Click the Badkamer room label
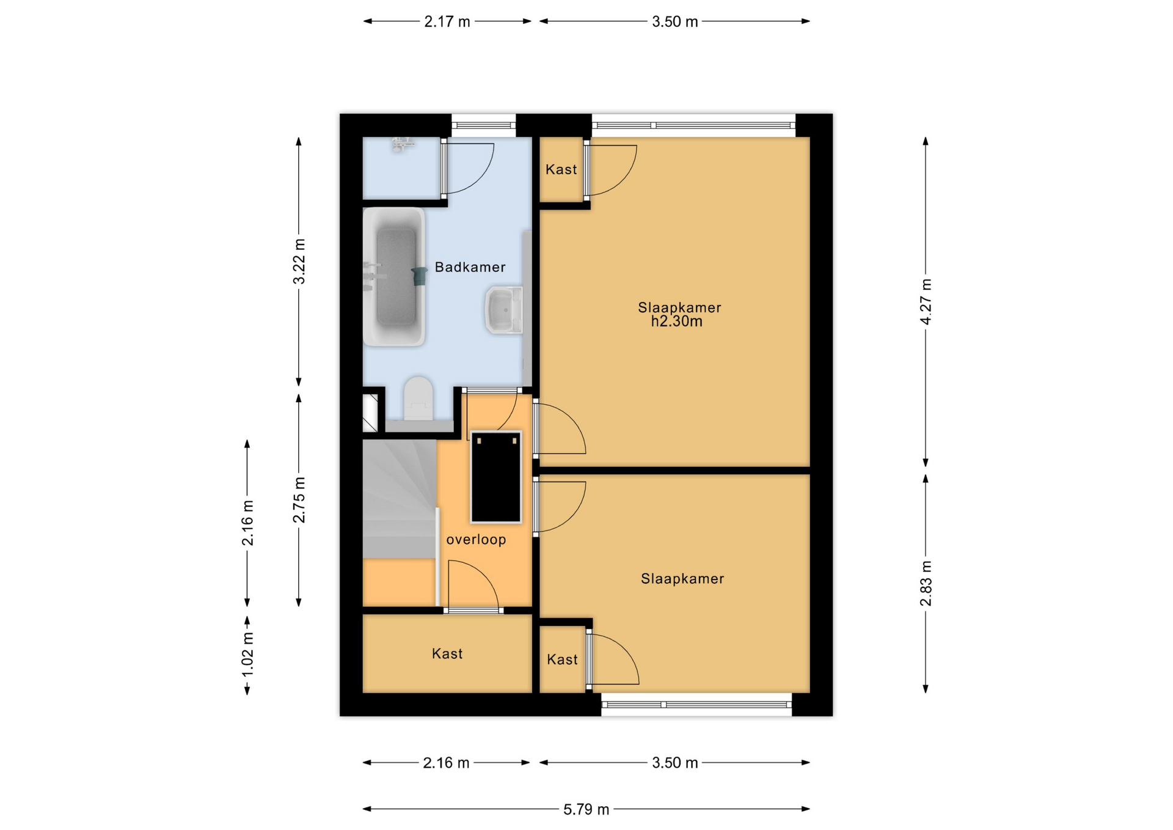tap(470, 267)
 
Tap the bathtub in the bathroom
tap(394, 277)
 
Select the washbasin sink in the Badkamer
tap(504, 310)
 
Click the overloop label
tap(476, 540)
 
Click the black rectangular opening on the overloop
tap(495, 477)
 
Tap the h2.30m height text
tap(676, 321)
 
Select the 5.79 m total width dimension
tap(586, 809)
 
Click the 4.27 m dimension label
tap(926, 302)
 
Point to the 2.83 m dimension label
tap(926, 583)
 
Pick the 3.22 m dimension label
tap(299, 262)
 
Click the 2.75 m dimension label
tap(299, 500)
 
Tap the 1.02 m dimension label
tap(247, 655)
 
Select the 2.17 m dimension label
tap(447, 21)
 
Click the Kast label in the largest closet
tap(447, 654)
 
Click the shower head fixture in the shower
tap(402, 144)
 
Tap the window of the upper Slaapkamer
tap(693, 125)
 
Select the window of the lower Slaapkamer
tap(696, 705)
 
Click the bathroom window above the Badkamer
tap(484, 125)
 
